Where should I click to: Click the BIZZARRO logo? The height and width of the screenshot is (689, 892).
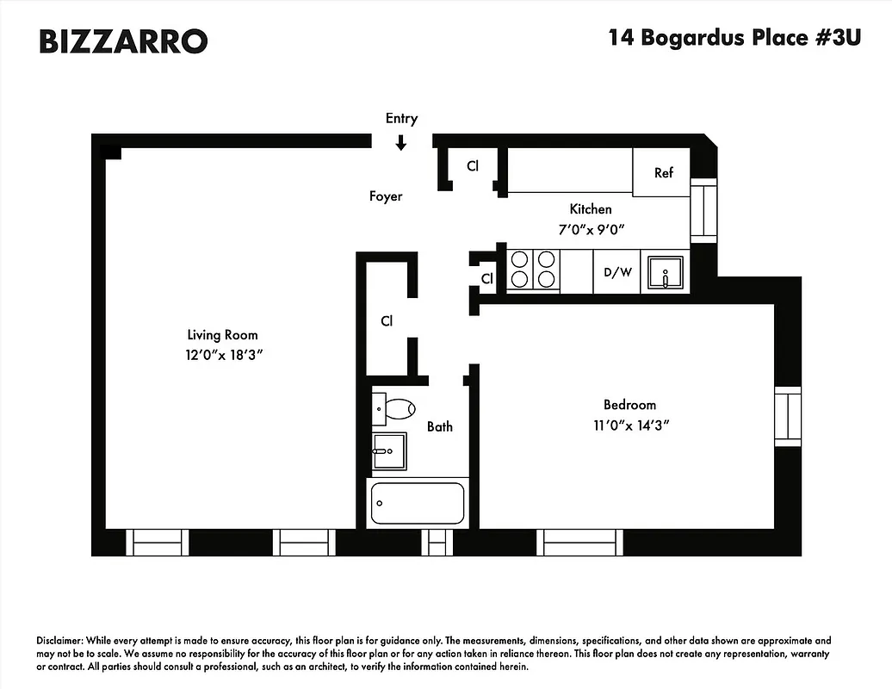(123, 40)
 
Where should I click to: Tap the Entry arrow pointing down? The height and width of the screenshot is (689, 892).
(401, 142)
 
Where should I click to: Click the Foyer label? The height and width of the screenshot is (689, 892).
(386, 196)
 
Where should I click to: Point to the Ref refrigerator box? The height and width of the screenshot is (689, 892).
(663, 172)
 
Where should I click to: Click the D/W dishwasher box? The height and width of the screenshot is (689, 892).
(617, 273)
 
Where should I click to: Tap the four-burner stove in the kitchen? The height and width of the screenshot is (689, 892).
(533, 270)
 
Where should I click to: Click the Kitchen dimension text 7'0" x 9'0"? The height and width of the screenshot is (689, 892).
(591, 229)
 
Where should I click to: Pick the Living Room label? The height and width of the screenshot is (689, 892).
(222, 335)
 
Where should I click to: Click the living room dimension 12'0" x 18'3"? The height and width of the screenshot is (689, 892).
(222, 356)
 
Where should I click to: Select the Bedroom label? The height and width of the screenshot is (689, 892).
(629, 405)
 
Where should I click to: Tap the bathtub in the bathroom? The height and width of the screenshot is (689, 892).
(418, 504)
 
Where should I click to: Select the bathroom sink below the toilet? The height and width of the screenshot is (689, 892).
(388, 450)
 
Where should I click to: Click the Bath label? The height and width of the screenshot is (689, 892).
(439, 426)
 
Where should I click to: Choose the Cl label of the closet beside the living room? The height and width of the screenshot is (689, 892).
(387, 321)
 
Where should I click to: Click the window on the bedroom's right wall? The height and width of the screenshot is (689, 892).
(788, 417)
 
